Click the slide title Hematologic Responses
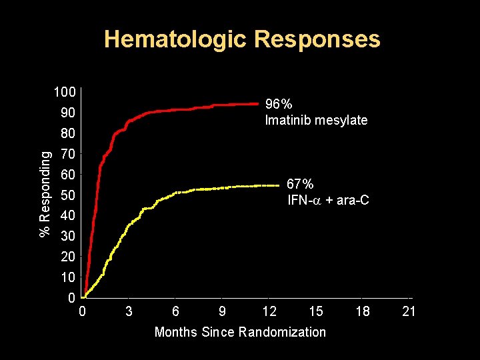coord(242,39)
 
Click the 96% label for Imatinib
coord(279,105)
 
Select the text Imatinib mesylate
coord(316,121)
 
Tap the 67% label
coord(300,183)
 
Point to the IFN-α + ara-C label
coord(328,200)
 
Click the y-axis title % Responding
coord(45,193)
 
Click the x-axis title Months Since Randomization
coord(240,332)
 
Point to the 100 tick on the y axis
coord(65,92)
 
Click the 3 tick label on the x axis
coord(129,311)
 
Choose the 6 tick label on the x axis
coord(175,311)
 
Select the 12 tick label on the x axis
coord(269,311)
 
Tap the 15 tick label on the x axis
coord(316,311)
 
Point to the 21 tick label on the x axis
coord(409,311)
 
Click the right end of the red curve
coord(257,103)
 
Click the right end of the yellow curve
coord(278,185)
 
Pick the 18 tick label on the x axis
coord(363,311)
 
